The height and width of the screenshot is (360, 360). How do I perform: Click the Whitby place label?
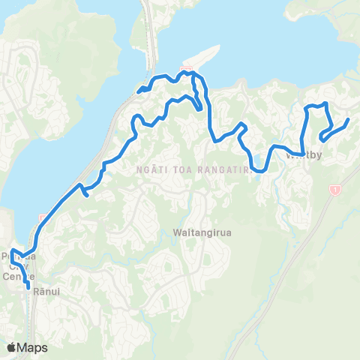click(x=304, y=157)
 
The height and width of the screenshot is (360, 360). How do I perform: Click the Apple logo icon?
click(x=12, y=347)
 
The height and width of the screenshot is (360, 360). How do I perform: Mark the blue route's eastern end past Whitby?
click(x=348, y=119)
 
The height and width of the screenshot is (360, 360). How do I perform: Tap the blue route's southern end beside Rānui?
click(x=29, y=286)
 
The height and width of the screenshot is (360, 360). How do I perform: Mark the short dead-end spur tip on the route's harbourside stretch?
click(x=88, y=195)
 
